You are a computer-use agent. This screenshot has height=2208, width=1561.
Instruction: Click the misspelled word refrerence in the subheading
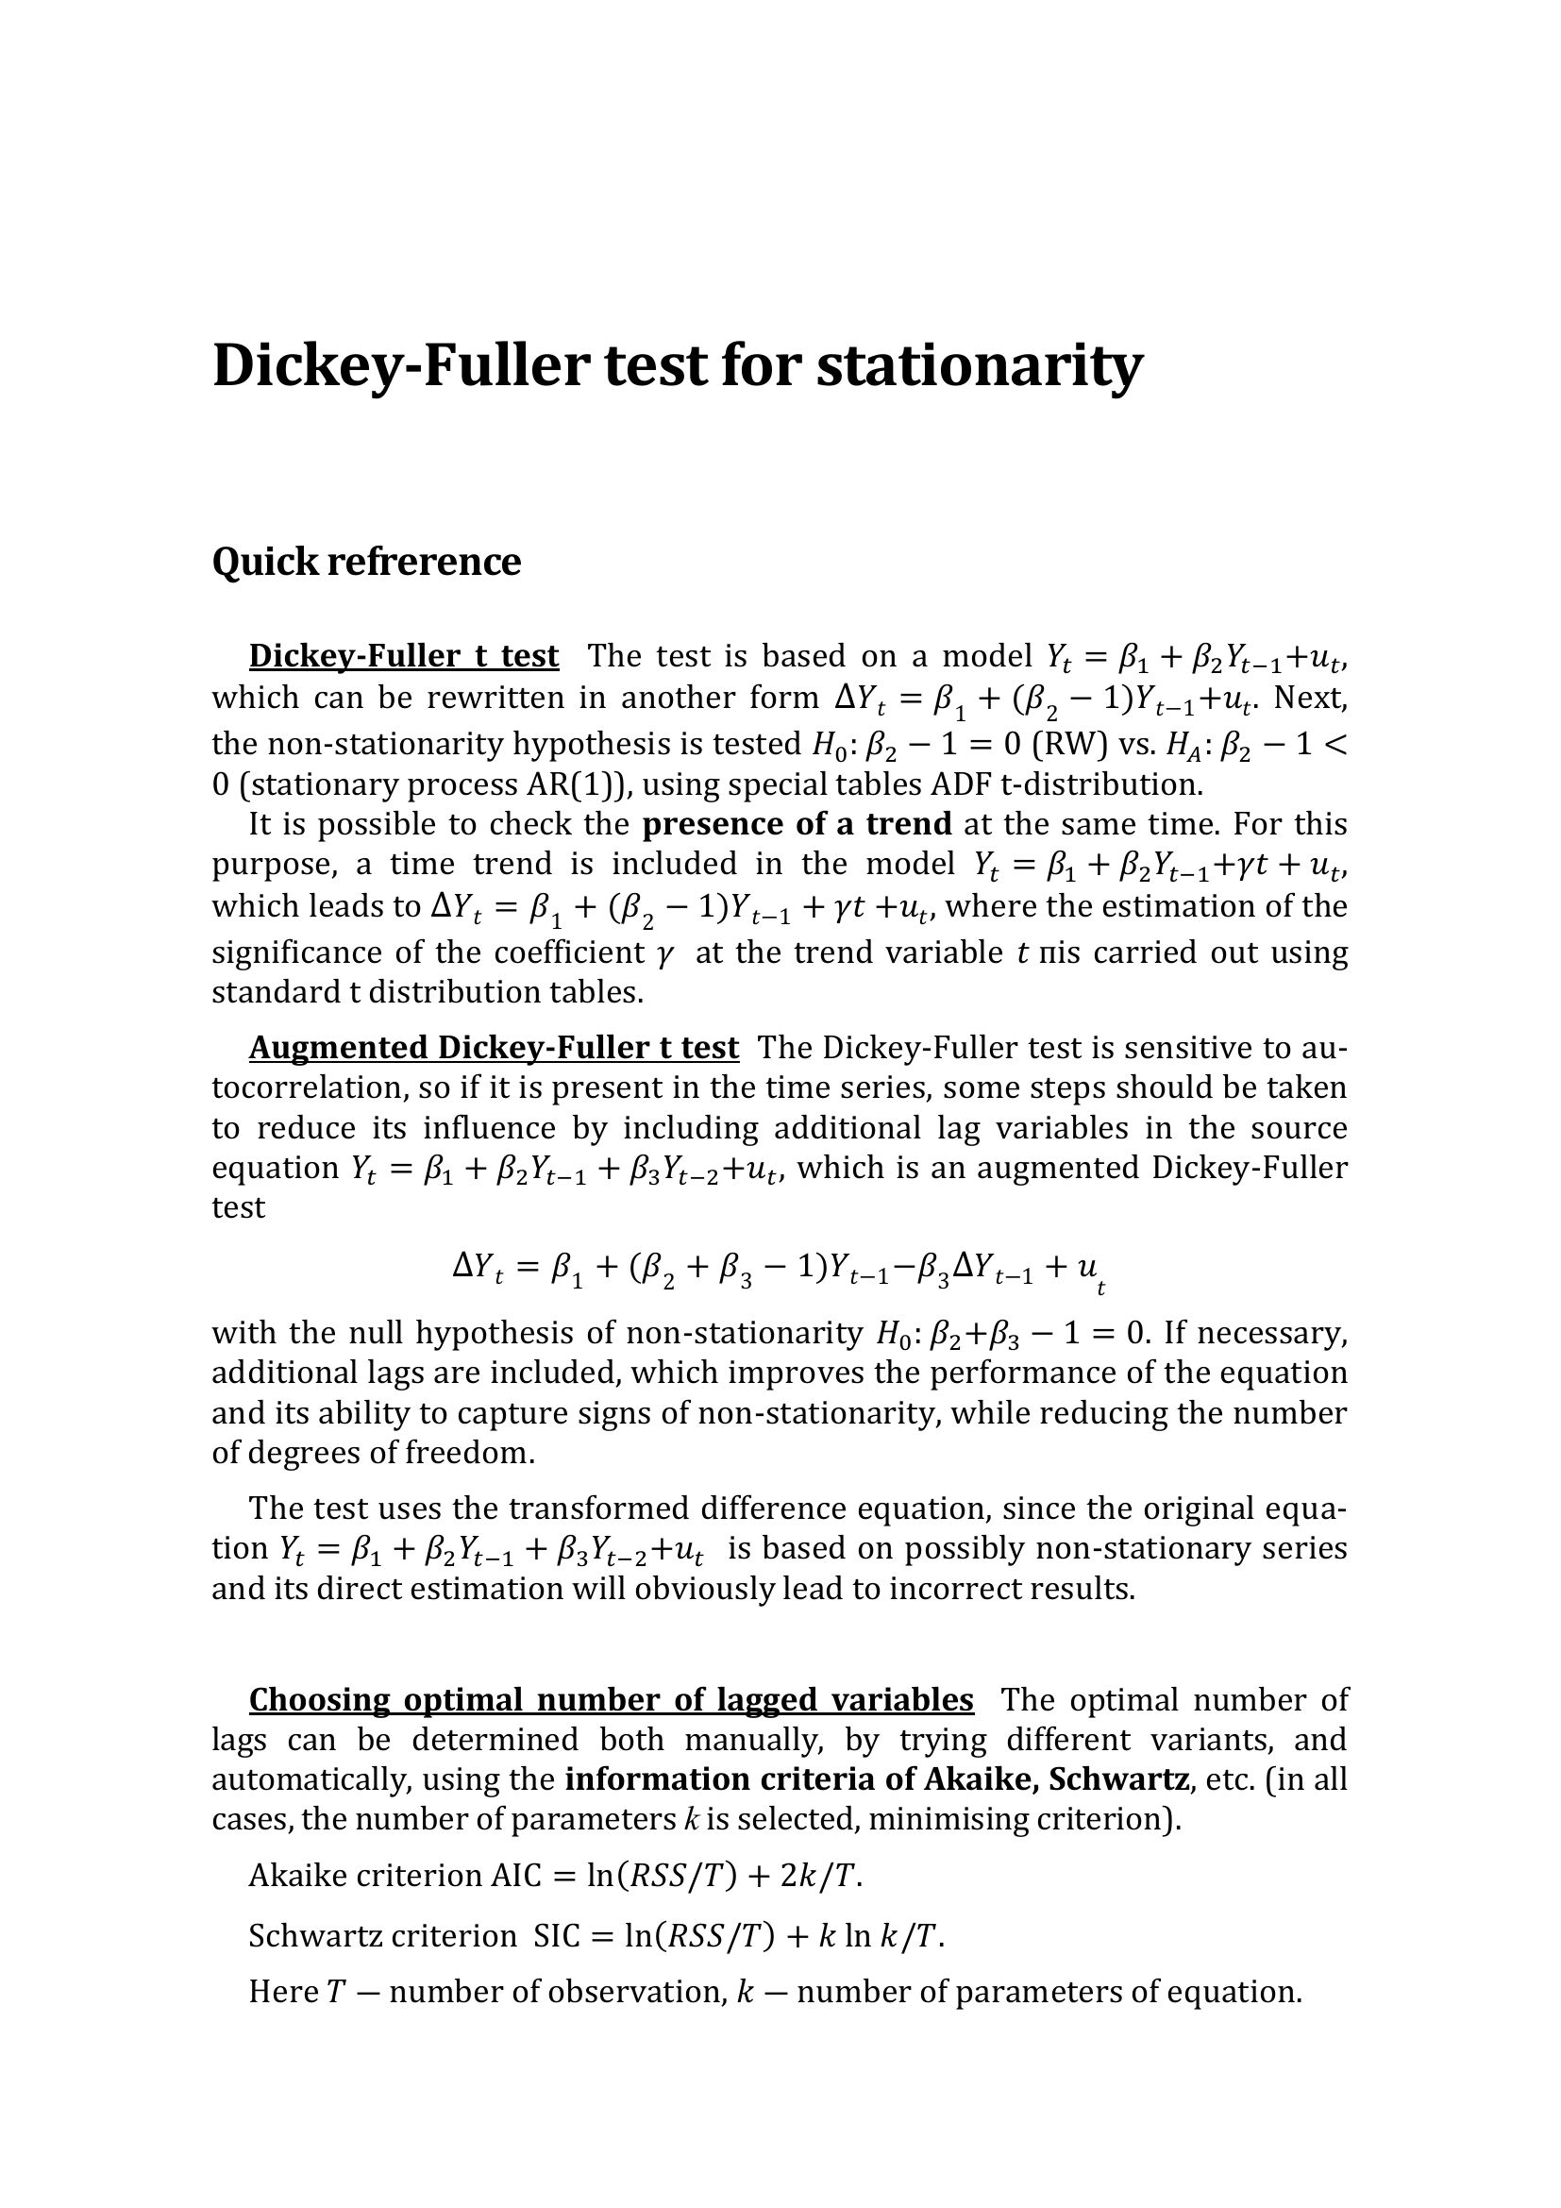pos(424,562)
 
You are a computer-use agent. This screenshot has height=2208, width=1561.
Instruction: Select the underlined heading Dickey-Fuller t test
pos(403,656)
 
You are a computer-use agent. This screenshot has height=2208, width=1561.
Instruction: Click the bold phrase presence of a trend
pos(797,824)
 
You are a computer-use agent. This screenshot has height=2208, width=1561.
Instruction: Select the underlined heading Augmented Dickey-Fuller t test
pos(494,1047)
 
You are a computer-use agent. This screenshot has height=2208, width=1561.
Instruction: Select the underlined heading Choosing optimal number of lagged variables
pos(611,1700)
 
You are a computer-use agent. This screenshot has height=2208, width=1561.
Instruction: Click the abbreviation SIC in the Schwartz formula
pos(557,1935)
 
